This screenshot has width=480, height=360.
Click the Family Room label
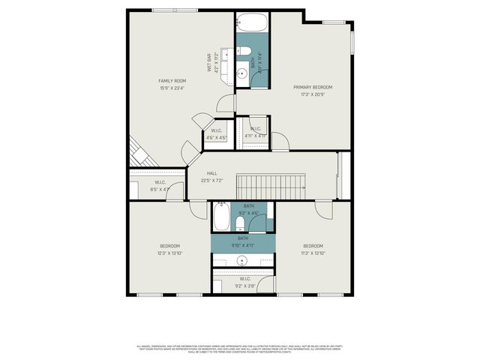(x=172, y=81)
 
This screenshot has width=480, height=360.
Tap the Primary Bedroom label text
(x=313, y=87)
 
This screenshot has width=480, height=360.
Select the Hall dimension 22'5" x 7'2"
(x=212, y=181)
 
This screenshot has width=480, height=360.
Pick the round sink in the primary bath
(x=242, y=73)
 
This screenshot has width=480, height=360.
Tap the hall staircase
(x=271, y=184)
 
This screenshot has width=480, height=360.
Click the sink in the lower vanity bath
(x=243, y=261)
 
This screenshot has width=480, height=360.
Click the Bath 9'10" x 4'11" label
(x=243, y=241)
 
